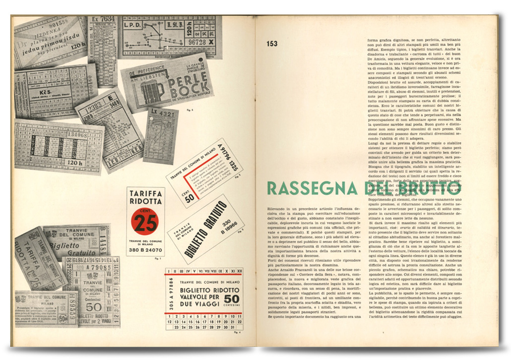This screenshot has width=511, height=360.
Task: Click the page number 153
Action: [x=272, y=44]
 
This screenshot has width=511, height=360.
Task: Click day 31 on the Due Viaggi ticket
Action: [x=239, y=328]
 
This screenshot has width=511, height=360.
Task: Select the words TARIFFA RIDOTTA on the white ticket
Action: [x=145, y=197]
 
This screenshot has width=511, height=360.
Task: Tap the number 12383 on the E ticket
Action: [x=94, y=105]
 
